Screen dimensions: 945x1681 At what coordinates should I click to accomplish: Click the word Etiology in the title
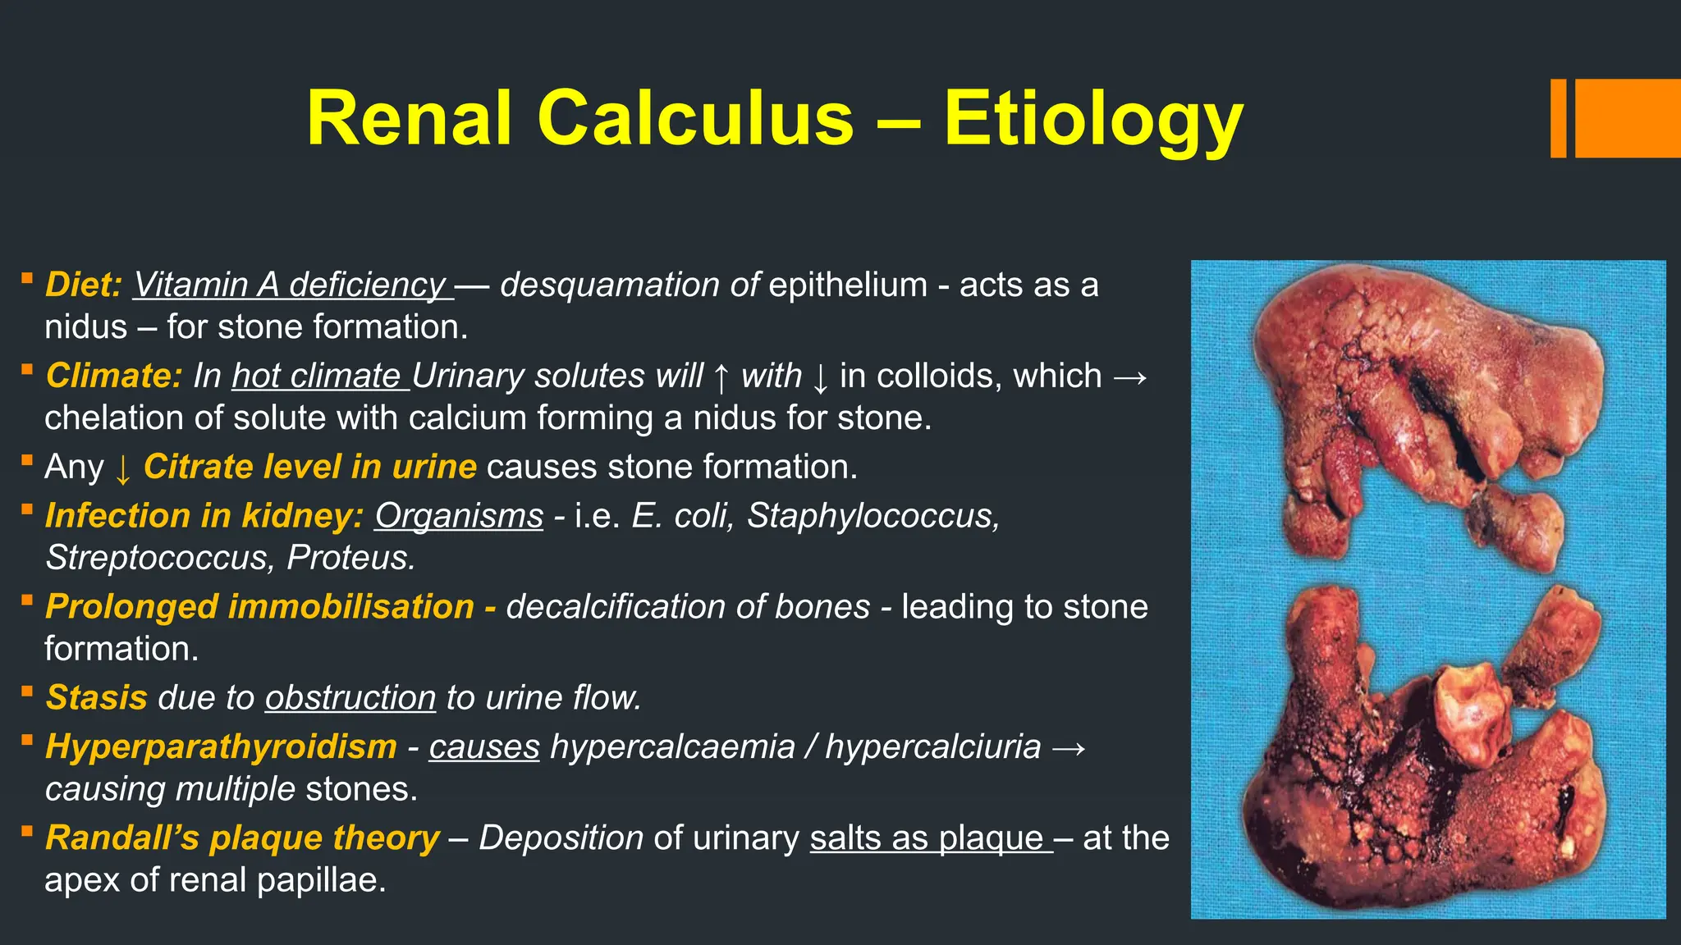point(1092,119)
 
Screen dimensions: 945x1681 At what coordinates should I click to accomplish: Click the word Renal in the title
point(410,119)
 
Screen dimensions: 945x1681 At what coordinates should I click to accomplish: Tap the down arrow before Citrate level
point(123,468)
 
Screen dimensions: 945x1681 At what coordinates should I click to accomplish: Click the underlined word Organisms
point(459,516)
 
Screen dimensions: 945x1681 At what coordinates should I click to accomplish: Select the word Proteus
point(350,558)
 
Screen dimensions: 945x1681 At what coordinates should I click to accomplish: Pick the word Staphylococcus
point(873,516)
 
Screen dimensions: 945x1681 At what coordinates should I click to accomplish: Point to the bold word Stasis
point(96,698)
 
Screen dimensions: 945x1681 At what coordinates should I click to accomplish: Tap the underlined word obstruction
point(350,698)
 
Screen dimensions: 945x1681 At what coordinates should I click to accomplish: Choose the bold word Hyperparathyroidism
point(221,747)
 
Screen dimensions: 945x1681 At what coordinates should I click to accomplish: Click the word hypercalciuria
point(932,747)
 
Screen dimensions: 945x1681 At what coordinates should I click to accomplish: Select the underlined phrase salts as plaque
point(927,838)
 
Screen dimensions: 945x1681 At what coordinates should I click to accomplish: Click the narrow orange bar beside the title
point(1558,119)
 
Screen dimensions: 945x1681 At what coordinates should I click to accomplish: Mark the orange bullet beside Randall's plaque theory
point(27,832)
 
